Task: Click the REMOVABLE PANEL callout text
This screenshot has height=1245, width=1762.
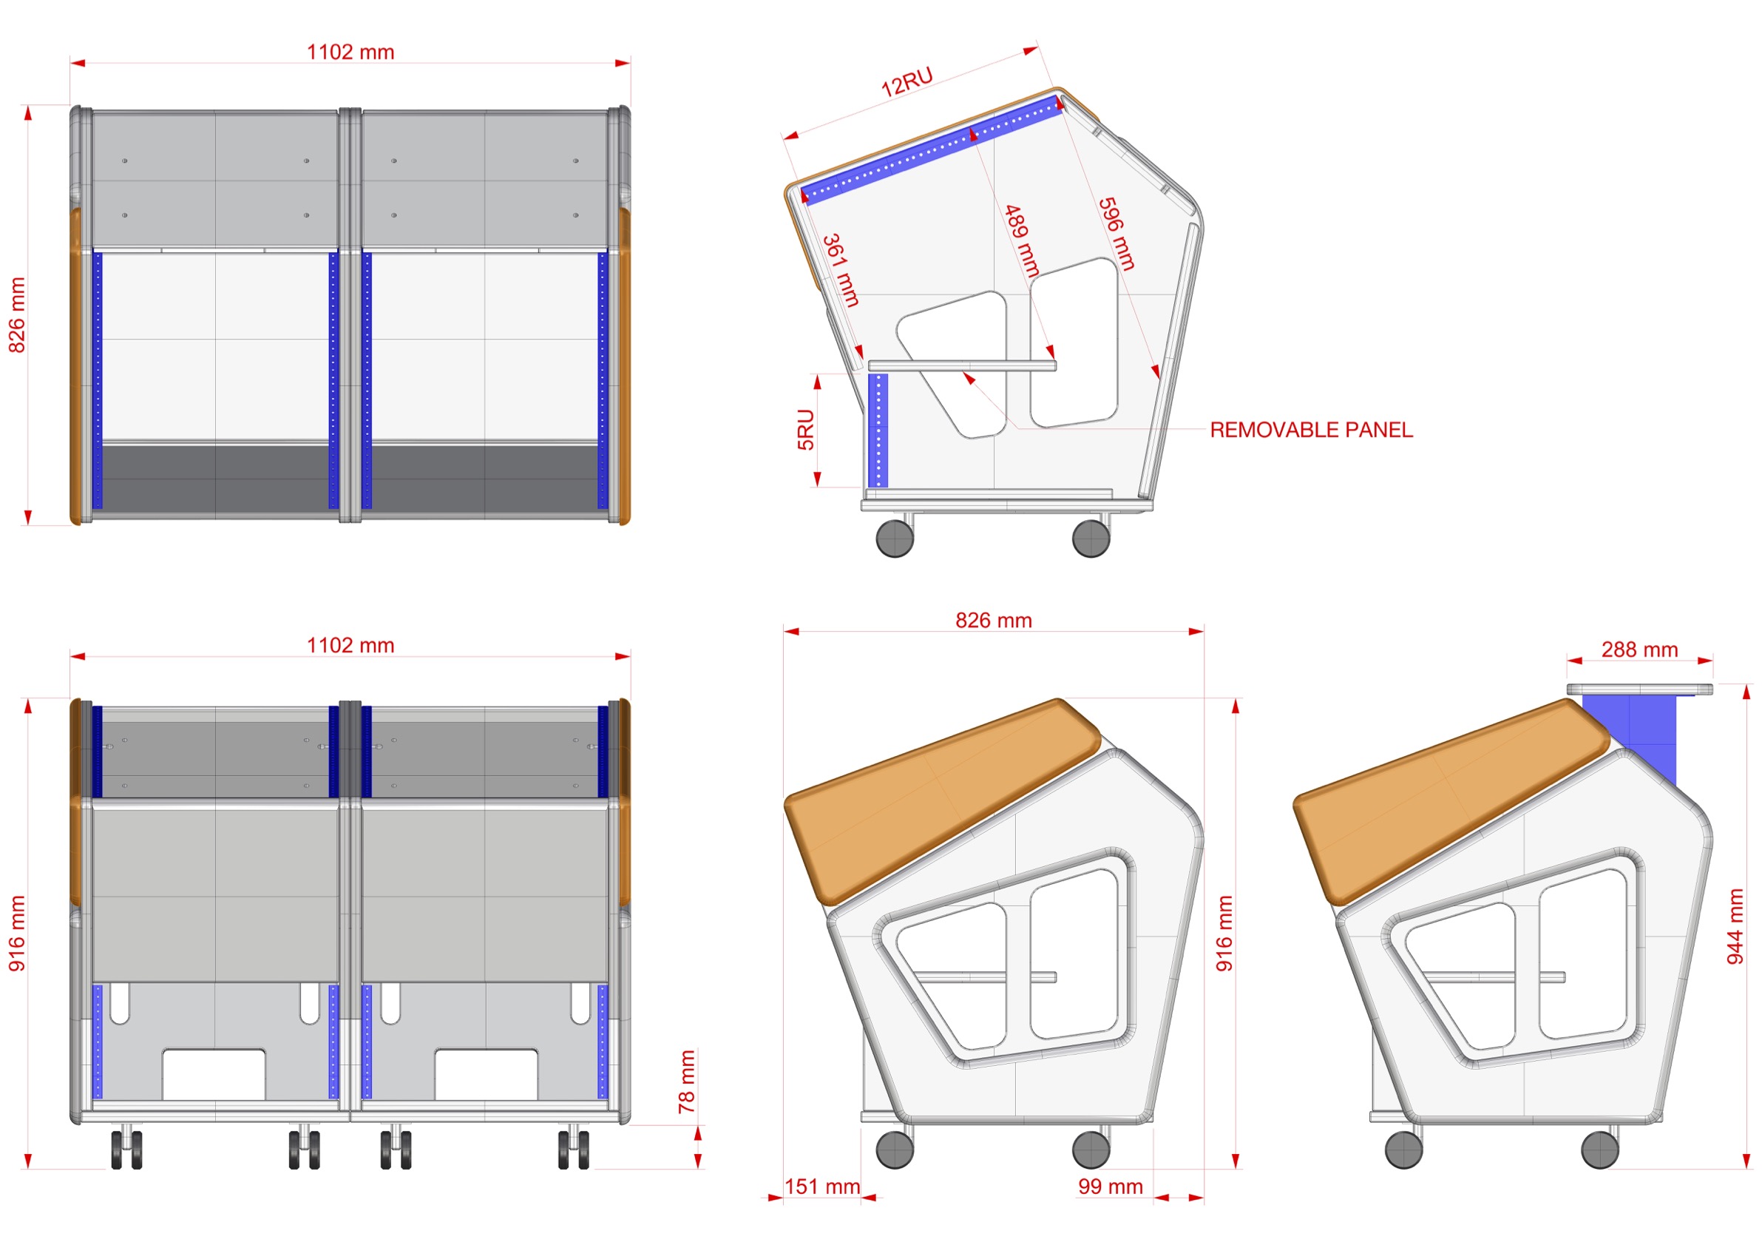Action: pos(1311,430)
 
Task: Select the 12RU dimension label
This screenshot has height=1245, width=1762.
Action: pos(907,82)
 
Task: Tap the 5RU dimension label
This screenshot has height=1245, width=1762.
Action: pos(805,430)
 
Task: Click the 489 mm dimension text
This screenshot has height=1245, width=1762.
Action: pos(1022,241)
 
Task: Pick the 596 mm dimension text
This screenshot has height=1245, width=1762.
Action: pos(1117,234)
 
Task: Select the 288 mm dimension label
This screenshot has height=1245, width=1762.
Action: pos(1639,650)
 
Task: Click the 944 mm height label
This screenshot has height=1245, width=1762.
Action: pos(1735,926)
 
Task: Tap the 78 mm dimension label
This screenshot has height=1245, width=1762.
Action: pos(686,1082)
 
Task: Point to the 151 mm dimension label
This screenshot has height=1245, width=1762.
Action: pos(822,1187)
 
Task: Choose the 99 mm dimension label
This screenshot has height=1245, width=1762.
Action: pos(1111,1187)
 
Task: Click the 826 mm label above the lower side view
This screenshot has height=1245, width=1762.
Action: pos(994,620)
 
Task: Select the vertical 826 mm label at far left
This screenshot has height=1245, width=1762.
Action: pos(17,315)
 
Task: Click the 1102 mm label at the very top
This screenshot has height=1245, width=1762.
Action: pos(350,53)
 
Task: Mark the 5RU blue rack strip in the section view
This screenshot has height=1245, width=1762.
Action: pos(878,431)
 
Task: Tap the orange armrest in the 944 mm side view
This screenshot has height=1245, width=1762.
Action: pos(1451,802)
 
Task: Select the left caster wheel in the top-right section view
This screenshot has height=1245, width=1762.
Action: pos(895,538)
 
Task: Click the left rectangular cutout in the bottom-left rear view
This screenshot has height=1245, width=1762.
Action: pos(214,1075)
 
